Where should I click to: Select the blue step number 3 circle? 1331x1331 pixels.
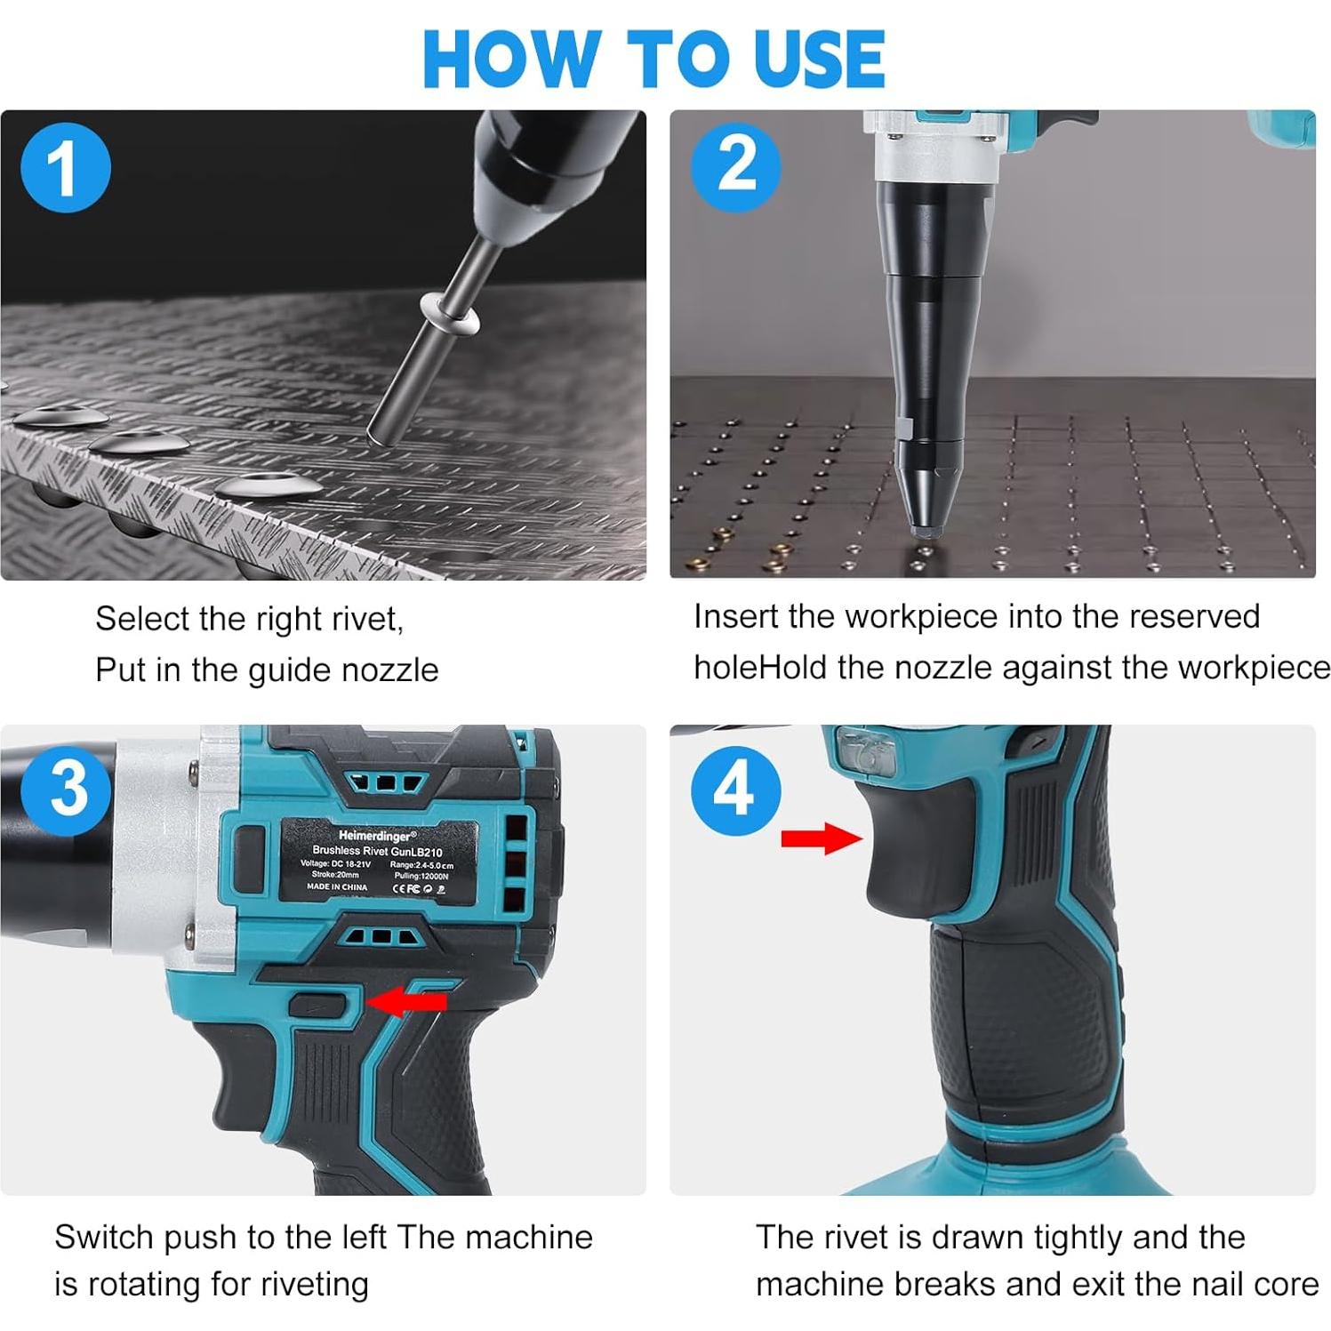coord(68,789)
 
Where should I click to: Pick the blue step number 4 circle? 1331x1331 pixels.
coord(735,789)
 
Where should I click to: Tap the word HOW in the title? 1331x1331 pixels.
coord(509,59)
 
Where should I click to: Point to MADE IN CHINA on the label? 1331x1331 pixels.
coord(337,886)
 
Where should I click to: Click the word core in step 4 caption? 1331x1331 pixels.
coord(1285,1284)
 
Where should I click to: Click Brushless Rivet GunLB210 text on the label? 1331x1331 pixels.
coord(377,851)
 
